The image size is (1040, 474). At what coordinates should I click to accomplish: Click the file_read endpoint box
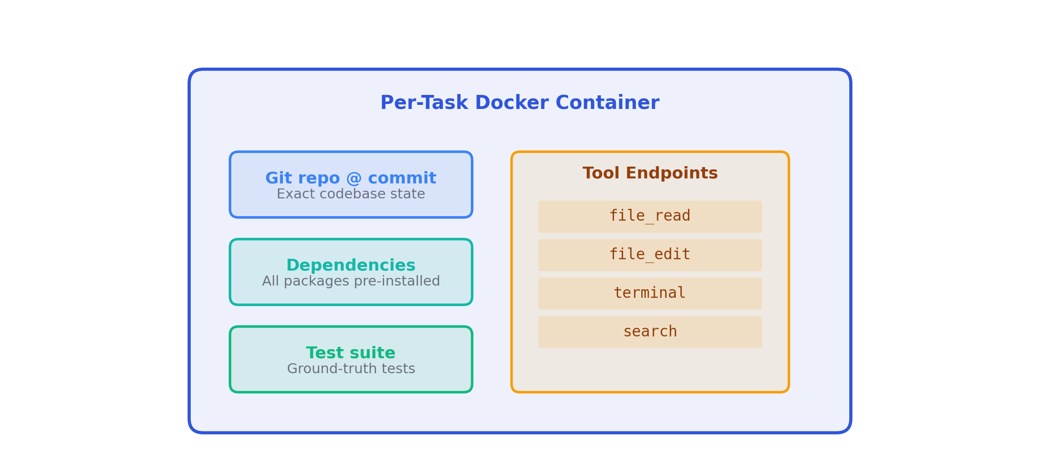click(650, 217)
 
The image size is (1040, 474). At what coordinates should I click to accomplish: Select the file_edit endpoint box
click(650, 255)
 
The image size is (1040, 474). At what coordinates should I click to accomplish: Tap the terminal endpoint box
click(650, 293)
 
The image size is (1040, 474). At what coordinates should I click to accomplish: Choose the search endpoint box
click(650, 332)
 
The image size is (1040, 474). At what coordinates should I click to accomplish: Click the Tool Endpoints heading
click(650, 173)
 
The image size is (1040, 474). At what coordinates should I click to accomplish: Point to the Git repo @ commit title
click(351, 178)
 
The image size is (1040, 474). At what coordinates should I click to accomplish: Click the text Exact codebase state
click(351, 194)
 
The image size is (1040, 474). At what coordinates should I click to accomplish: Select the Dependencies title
click(351, 265)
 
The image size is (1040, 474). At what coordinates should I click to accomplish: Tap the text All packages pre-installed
click(351, 281)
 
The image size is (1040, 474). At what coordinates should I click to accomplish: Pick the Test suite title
click(351, 353)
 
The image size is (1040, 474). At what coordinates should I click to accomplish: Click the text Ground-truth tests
click(351, 369)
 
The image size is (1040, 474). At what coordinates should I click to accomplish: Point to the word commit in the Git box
click(402, 178)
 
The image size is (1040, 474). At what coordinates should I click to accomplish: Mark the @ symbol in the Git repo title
click(354, 178)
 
